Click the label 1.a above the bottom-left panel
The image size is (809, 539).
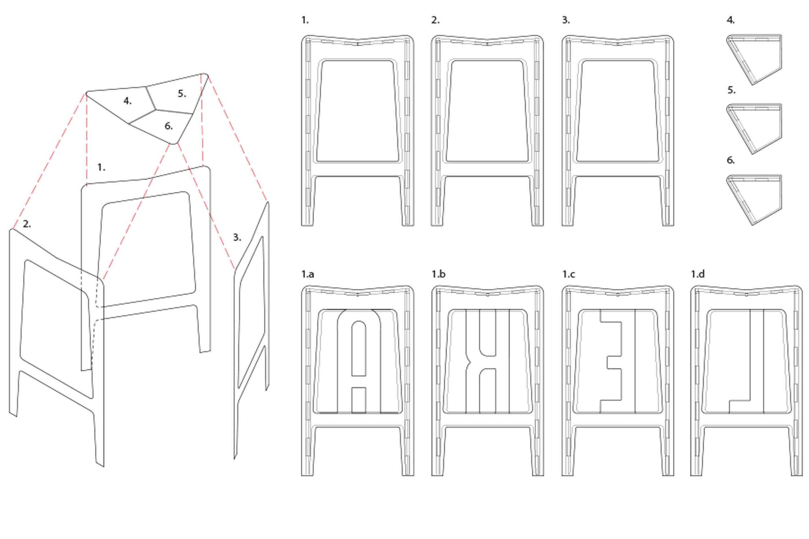click(x=307, y=274)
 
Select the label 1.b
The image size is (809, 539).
click(x=438, y=274)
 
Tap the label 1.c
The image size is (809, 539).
click(x=568, y=274)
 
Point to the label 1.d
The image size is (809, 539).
click(x=698, y=274)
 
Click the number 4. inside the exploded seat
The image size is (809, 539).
click(x=127, y=101)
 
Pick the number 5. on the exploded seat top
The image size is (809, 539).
click(x=182, y=94)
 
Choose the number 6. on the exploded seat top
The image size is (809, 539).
click(x=169, y=126)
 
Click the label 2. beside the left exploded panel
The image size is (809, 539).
click(x=27, y=224)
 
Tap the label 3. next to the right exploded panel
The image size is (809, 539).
click(x=237, y=237)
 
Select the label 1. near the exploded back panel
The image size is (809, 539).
click(x=101, y=167)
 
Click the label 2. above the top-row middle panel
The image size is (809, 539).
click(x=435, y=20)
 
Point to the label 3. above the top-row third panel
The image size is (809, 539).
click(x=566, y=20)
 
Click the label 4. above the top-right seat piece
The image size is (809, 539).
click(x=731, y=20)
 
